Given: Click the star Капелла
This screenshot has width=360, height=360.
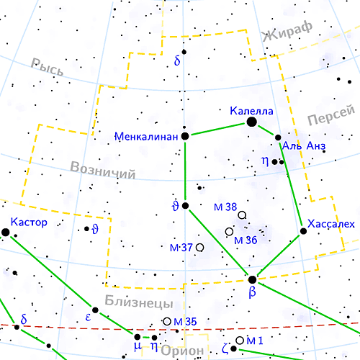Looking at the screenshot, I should [251, 122].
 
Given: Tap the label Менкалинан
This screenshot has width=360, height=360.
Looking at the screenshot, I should [147, 135].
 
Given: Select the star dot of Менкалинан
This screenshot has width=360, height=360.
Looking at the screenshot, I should [185, 135].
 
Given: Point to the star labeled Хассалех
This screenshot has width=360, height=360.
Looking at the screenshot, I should [303, 232].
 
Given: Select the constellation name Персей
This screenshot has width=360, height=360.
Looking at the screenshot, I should [331, 114].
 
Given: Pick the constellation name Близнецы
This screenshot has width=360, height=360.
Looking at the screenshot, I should [138, 301].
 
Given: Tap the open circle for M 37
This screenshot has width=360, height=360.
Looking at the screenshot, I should [199, 248].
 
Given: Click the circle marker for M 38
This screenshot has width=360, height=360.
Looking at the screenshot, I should [242, 215].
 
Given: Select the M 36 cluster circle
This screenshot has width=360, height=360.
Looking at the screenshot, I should [229, 232].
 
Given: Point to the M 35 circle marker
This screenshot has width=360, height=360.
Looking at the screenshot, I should [167, 321].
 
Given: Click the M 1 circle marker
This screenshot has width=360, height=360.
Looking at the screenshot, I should [240, 340].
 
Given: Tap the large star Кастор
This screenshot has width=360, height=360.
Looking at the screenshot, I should [6, 232].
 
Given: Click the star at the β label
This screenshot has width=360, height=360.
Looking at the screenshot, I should [252, 279].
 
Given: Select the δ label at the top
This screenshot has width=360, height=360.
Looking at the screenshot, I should [177, 61].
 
